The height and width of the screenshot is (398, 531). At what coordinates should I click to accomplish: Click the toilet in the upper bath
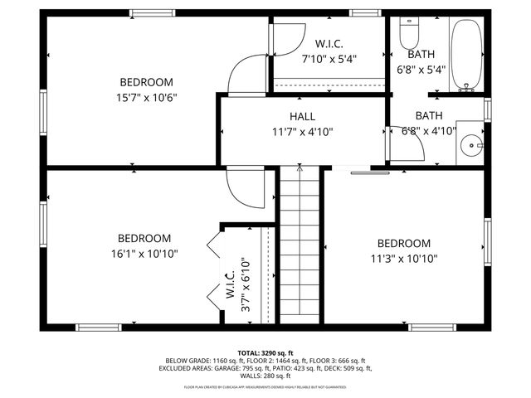[409, 35]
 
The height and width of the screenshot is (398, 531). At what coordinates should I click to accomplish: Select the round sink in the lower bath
[474, 146]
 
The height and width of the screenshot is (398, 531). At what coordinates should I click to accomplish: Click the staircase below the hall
[300, 245]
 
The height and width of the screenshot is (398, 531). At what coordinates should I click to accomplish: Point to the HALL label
[302, 116]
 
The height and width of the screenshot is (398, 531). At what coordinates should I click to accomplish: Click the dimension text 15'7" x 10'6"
[146, 97]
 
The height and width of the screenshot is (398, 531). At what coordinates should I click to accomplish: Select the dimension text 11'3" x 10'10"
[404, 259]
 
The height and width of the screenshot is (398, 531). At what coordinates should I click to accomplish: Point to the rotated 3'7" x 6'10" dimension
[246, 284]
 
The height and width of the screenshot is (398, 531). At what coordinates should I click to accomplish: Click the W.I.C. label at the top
[329, 43]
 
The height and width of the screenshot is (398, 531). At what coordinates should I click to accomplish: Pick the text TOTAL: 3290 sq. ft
[265, 353]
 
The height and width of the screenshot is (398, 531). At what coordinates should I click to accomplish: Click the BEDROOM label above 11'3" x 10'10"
[404, 243]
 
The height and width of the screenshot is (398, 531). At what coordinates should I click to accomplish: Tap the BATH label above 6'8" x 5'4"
[421, 54]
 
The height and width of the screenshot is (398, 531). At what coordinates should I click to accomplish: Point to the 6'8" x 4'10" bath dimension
[429, 131]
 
